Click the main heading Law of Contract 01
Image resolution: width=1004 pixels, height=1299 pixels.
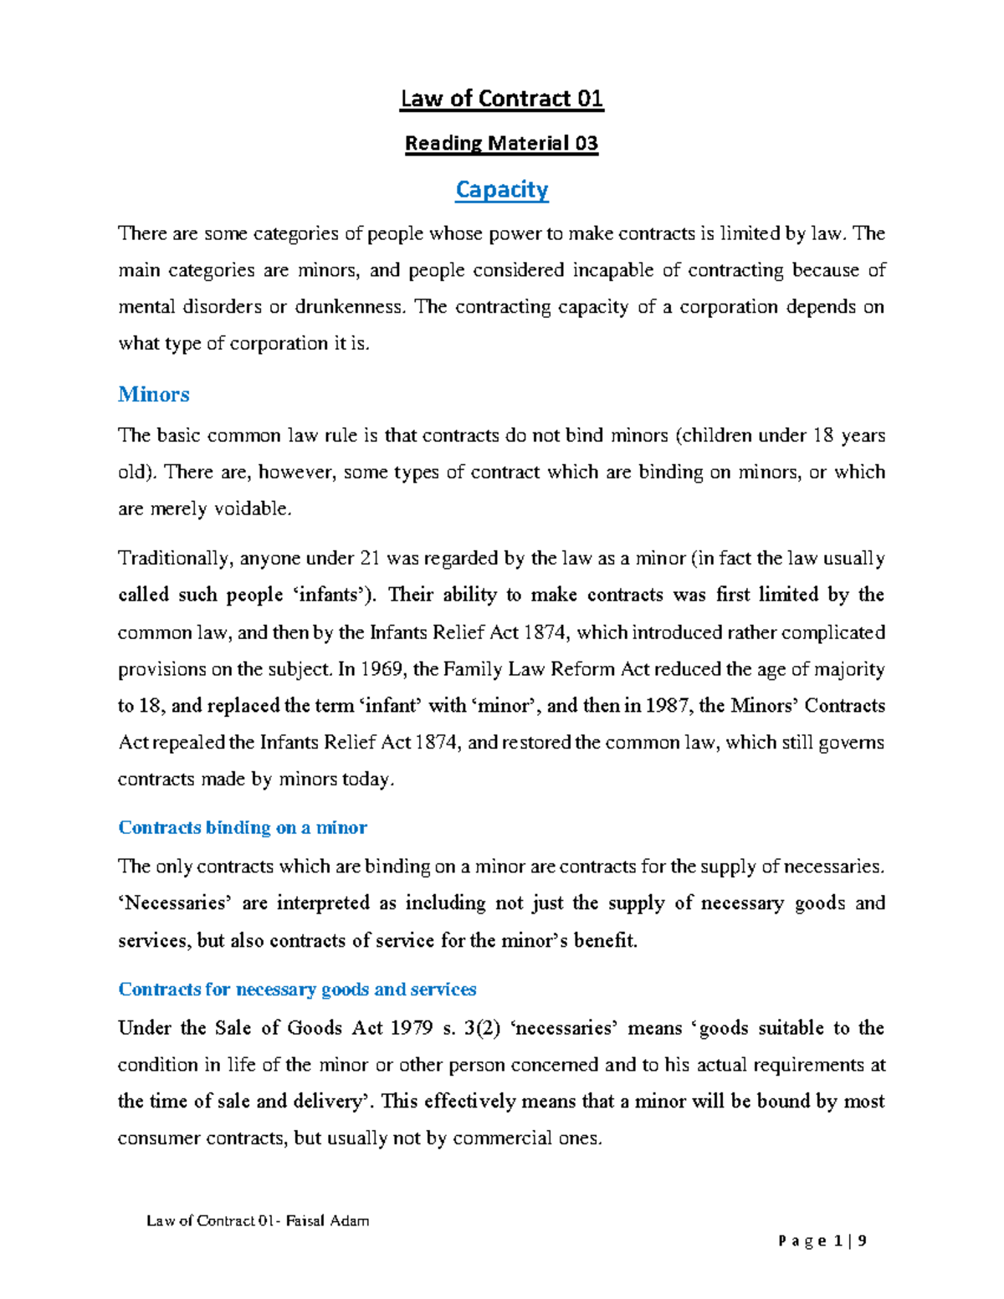click(502, 100)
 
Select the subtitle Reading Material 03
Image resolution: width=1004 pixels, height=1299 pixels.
click(502, 144)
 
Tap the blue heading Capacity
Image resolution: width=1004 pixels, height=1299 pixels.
click(502, 190)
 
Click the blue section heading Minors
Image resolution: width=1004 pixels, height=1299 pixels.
click(154, 394)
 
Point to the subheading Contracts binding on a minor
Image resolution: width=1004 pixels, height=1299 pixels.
click(243, 827)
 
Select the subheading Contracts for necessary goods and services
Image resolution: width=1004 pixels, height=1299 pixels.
click(297, 990)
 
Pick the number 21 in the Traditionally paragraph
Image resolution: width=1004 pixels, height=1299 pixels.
click(369, 559)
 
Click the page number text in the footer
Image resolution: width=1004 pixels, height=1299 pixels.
click(822, 1241)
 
